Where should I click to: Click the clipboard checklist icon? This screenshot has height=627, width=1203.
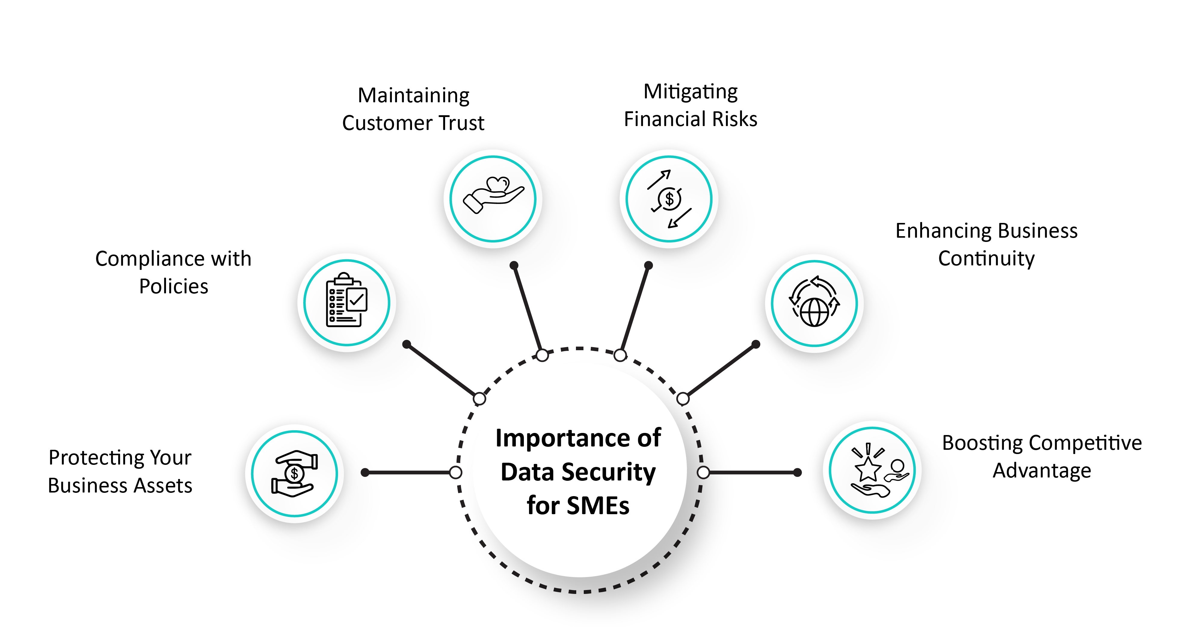[346, 301]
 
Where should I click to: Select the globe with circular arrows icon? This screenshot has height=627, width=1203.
[814, 302]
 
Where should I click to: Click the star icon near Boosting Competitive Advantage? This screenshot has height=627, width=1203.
[867, 469]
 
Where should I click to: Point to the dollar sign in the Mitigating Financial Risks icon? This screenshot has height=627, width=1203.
[669, 199]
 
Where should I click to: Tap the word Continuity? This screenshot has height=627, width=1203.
[986, 259]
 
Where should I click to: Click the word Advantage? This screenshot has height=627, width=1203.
[1042, 471]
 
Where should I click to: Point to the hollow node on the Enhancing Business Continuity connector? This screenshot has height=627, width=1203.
[683, 399]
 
